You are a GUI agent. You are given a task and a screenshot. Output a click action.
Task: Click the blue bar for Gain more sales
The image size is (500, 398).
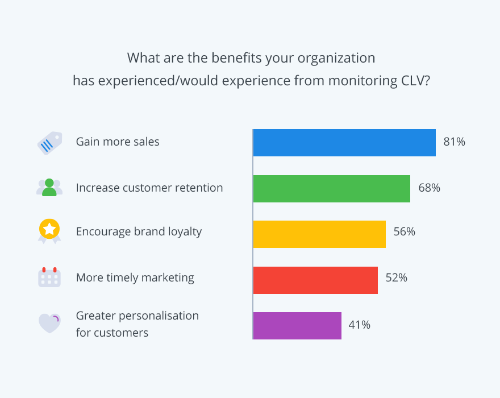[344, 143]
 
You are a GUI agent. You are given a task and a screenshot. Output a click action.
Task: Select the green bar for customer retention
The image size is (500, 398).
[331, 189]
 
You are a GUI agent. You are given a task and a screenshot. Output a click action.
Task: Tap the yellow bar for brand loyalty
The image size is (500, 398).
[319, 234]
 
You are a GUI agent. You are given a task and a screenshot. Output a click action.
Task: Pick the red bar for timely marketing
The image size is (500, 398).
[315, 280]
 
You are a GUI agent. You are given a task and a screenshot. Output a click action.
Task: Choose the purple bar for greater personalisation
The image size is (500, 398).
[297, 326]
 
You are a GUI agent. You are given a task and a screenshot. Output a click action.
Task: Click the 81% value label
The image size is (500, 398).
[455, 142]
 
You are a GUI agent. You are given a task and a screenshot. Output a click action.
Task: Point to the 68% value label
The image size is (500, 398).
[429, 188]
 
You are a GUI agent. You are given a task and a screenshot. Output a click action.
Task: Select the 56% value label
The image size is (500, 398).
[404, 232]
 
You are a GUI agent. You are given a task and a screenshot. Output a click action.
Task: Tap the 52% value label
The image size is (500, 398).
[396, 278]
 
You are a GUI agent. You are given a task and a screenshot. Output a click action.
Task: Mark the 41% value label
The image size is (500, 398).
[359, 325]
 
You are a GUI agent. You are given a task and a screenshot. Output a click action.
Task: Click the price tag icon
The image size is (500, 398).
[49, 143]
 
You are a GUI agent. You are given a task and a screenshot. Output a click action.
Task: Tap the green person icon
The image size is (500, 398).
[49, 188]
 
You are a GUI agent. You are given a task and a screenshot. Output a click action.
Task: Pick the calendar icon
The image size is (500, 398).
[49, 277]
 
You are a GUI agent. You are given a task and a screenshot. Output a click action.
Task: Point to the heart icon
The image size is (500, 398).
[49, 323]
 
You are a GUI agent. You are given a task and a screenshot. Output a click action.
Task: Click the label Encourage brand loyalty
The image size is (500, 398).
[139, 232]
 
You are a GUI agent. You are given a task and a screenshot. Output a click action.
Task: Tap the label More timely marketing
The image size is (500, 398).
[135, 278]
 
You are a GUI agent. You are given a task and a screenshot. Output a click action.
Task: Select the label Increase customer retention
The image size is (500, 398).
[149, 188]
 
